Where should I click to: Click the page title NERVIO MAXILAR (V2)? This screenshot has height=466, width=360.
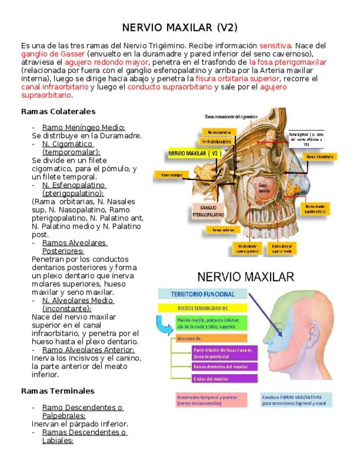coord(180,27)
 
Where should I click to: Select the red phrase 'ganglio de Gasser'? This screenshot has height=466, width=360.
coord(53,54)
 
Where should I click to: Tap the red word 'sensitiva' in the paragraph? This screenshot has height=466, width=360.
coord(275,46)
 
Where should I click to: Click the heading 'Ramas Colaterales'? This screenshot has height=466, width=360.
coord(58,112)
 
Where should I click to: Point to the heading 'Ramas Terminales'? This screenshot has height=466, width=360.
coord(57,391)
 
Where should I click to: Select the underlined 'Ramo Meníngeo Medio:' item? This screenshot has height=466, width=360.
coord(84,127)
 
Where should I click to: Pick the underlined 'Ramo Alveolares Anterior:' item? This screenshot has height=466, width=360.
coord(88,349)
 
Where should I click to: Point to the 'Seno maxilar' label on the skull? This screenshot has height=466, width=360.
coord(264,188)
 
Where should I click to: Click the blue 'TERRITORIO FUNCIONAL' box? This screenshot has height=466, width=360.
coord(202,294)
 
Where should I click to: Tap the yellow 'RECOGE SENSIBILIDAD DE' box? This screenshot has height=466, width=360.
coord(203,308)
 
